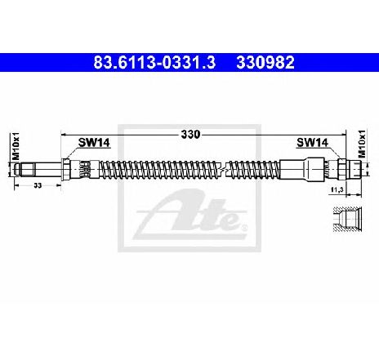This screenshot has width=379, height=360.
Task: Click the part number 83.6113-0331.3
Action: click(x=154, y=62)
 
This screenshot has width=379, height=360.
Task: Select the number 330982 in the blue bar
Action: click(x=265, y=62)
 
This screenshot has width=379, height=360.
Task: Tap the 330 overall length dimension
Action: click(x=190, y=134)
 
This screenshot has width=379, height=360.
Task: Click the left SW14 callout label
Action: click(x=94, y=142)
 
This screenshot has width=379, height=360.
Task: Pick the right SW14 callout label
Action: click(x=312, y=142)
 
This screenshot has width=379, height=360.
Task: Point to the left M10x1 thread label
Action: click(x=16, y=146)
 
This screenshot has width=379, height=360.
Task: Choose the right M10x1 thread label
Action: click(x=362, y=144)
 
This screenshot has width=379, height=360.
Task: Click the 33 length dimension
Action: click(x=38, y=185)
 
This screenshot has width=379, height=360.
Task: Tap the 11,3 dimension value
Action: click(x=336, y=190)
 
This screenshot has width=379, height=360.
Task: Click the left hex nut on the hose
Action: click(x=66, y=169)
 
